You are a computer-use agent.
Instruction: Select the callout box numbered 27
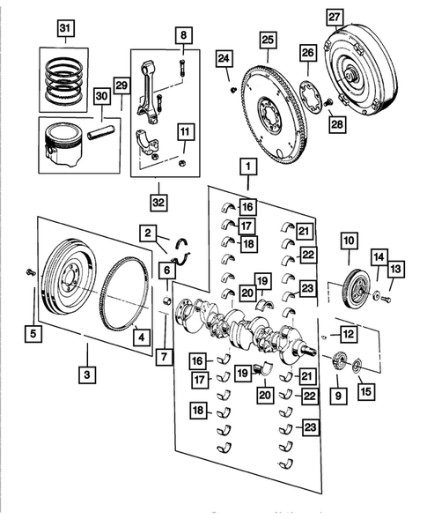point(335,17)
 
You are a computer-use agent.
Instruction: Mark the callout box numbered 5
point(34,334)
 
